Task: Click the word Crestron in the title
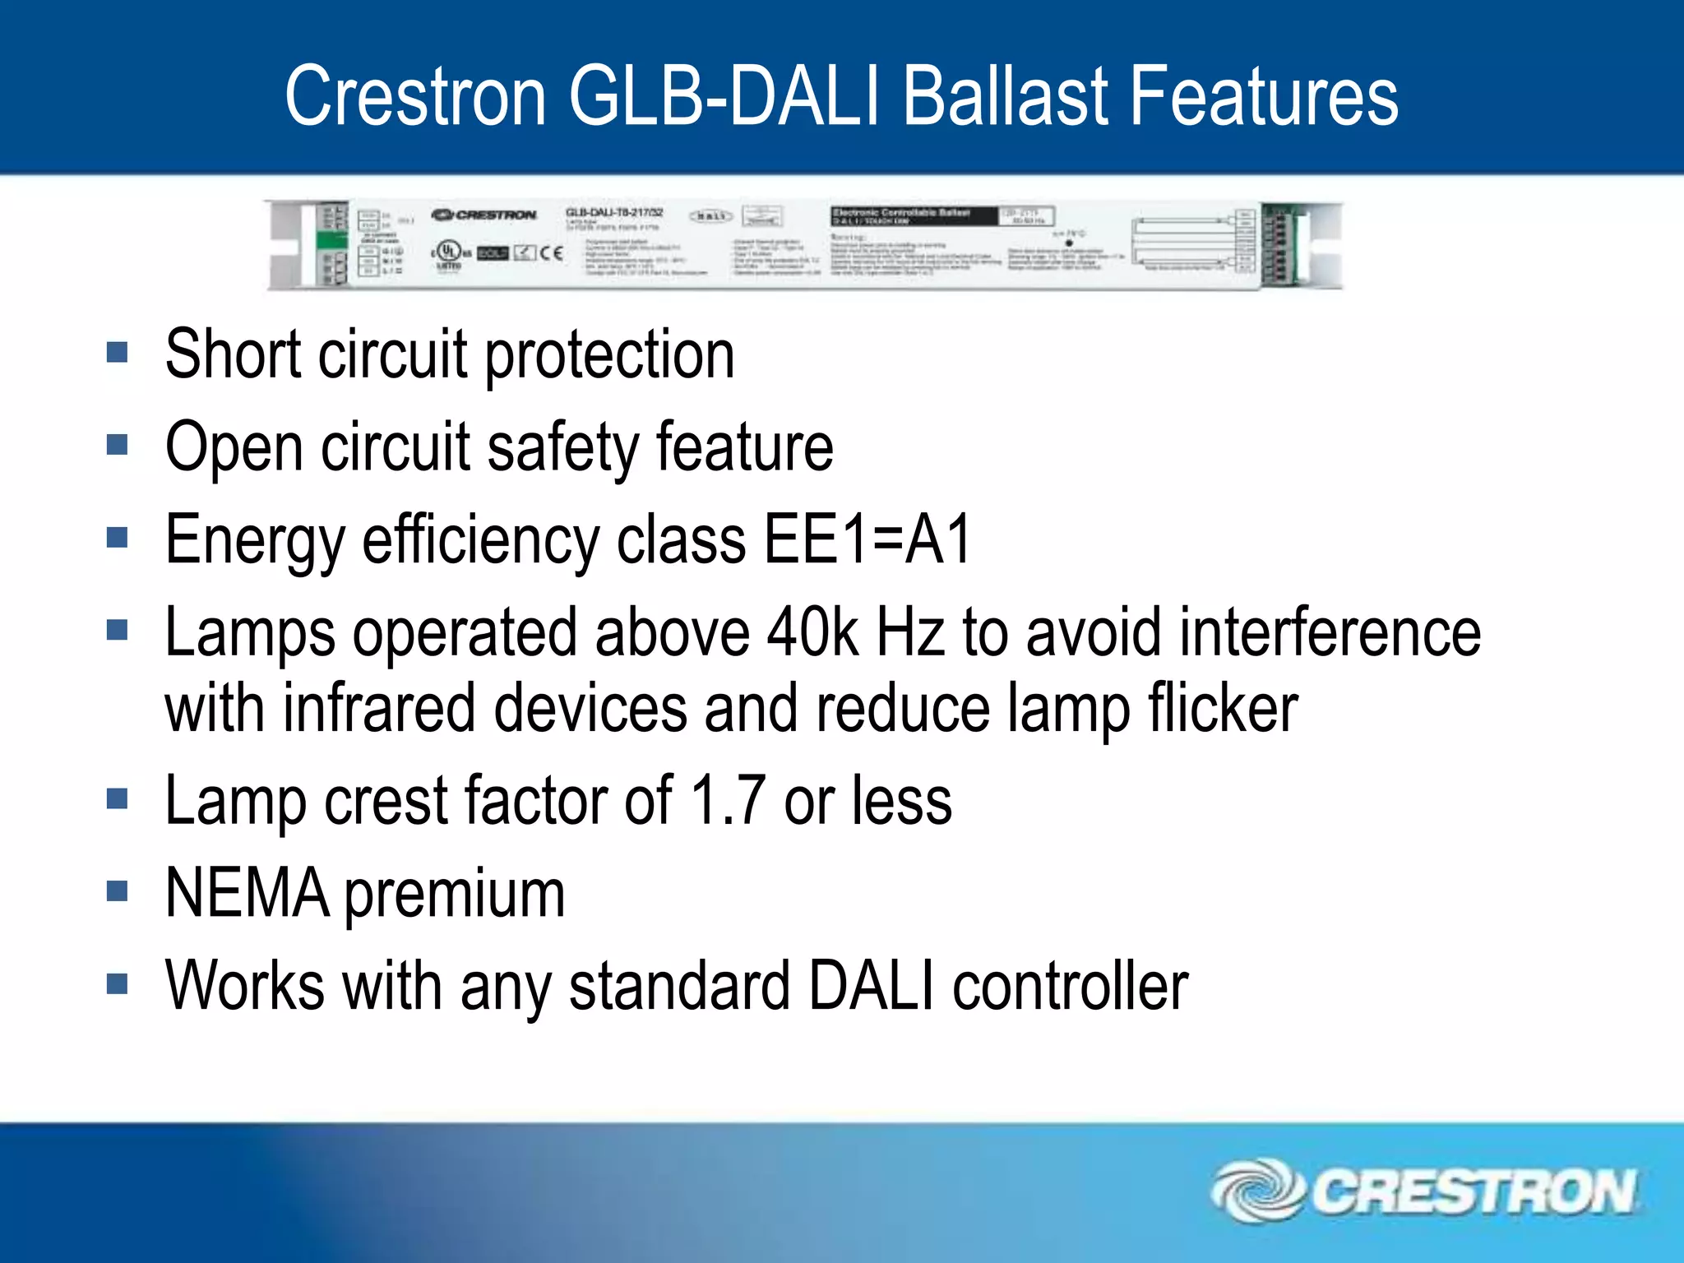click(415, 97)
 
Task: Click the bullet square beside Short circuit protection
click(118, 354)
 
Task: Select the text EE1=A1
click(867, 540)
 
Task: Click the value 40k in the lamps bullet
click(812, 633)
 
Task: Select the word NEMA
click(248, 894)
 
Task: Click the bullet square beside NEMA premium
click(118, 891)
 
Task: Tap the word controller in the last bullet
click(1070, 986)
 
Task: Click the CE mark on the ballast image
click(551, 252)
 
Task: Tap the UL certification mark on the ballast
click(449, 252)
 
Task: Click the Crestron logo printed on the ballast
click(484, 215)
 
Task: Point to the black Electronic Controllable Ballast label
click(913, 216)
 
